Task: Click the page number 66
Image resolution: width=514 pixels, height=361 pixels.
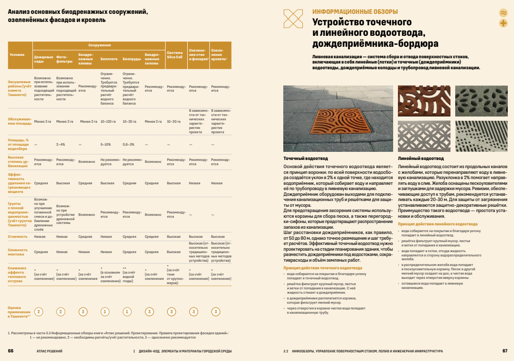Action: pyautogui.click(x=11, y=351)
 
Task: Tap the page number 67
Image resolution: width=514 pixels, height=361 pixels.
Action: pyautogui.click(x=504, y=351)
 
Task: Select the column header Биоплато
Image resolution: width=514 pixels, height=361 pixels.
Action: pyautogui.click(x=109, y=60)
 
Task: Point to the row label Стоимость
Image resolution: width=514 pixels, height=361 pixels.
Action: pyautogui.click(x=18, y=236)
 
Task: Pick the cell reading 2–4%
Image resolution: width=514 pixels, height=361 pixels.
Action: pyautogui.click(x=61, y=144)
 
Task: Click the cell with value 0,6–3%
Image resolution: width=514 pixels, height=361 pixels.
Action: pyautogui.click(x=128, y=144)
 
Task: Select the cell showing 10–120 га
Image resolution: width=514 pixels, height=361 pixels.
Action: pyautogui.click(x=109, y=122)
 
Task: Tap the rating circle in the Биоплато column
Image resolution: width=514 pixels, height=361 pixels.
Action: pyautogui.click(x=105, y=312)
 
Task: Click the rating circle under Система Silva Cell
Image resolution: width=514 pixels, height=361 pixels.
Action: pyautogui.click(x=171, y=312)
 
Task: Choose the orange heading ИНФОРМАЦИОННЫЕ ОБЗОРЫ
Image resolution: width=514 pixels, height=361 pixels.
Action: pyautogui.click(x=355, y=12)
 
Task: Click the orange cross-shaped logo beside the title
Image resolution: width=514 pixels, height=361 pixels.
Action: pyautogui.click(x=293, y=19)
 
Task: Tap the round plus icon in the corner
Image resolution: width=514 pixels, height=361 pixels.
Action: pyautogui.click(x=503, y=23)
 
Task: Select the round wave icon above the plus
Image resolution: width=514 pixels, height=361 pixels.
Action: pyautogui.click(x=503, y=12)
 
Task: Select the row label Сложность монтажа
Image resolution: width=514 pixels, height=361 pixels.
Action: pyautogui.click(x=19, y=252)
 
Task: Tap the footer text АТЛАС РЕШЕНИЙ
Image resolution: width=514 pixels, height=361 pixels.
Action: pyautogui.click(x=49, y=351)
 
